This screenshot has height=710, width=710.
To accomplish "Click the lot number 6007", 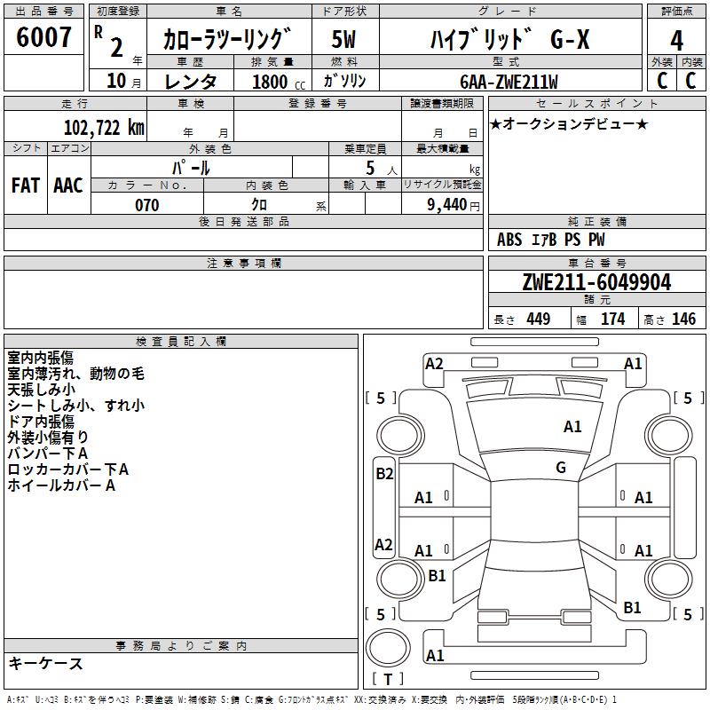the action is pos(43,38).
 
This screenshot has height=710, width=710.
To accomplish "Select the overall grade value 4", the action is pos(676,41).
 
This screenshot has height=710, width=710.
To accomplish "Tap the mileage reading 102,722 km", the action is pos(104,127).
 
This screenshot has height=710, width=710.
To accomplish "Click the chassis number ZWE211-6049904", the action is pos(596,283).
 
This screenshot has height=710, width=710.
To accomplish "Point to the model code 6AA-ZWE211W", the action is pos(509,81).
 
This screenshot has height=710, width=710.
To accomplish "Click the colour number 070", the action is pos(146,205).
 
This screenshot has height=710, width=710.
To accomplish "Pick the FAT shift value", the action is pos(26,185).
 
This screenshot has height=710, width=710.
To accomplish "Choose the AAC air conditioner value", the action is pos(67,185).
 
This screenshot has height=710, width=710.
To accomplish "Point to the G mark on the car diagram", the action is pos(561,468).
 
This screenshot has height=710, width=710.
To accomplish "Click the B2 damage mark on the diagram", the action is pos(383,474).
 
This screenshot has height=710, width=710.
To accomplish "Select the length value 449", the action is pos(538,319).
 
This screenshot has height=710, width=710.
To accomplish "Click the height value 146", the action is pos(683,319).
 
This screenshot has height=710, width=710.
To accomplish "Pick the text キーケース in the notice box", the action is pos(45,664).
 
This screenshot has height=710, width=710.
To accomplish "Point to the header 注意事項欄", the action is pos(244,264).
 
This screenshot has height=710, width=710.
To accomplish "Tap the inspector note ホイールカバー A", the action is pos(61,485).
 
